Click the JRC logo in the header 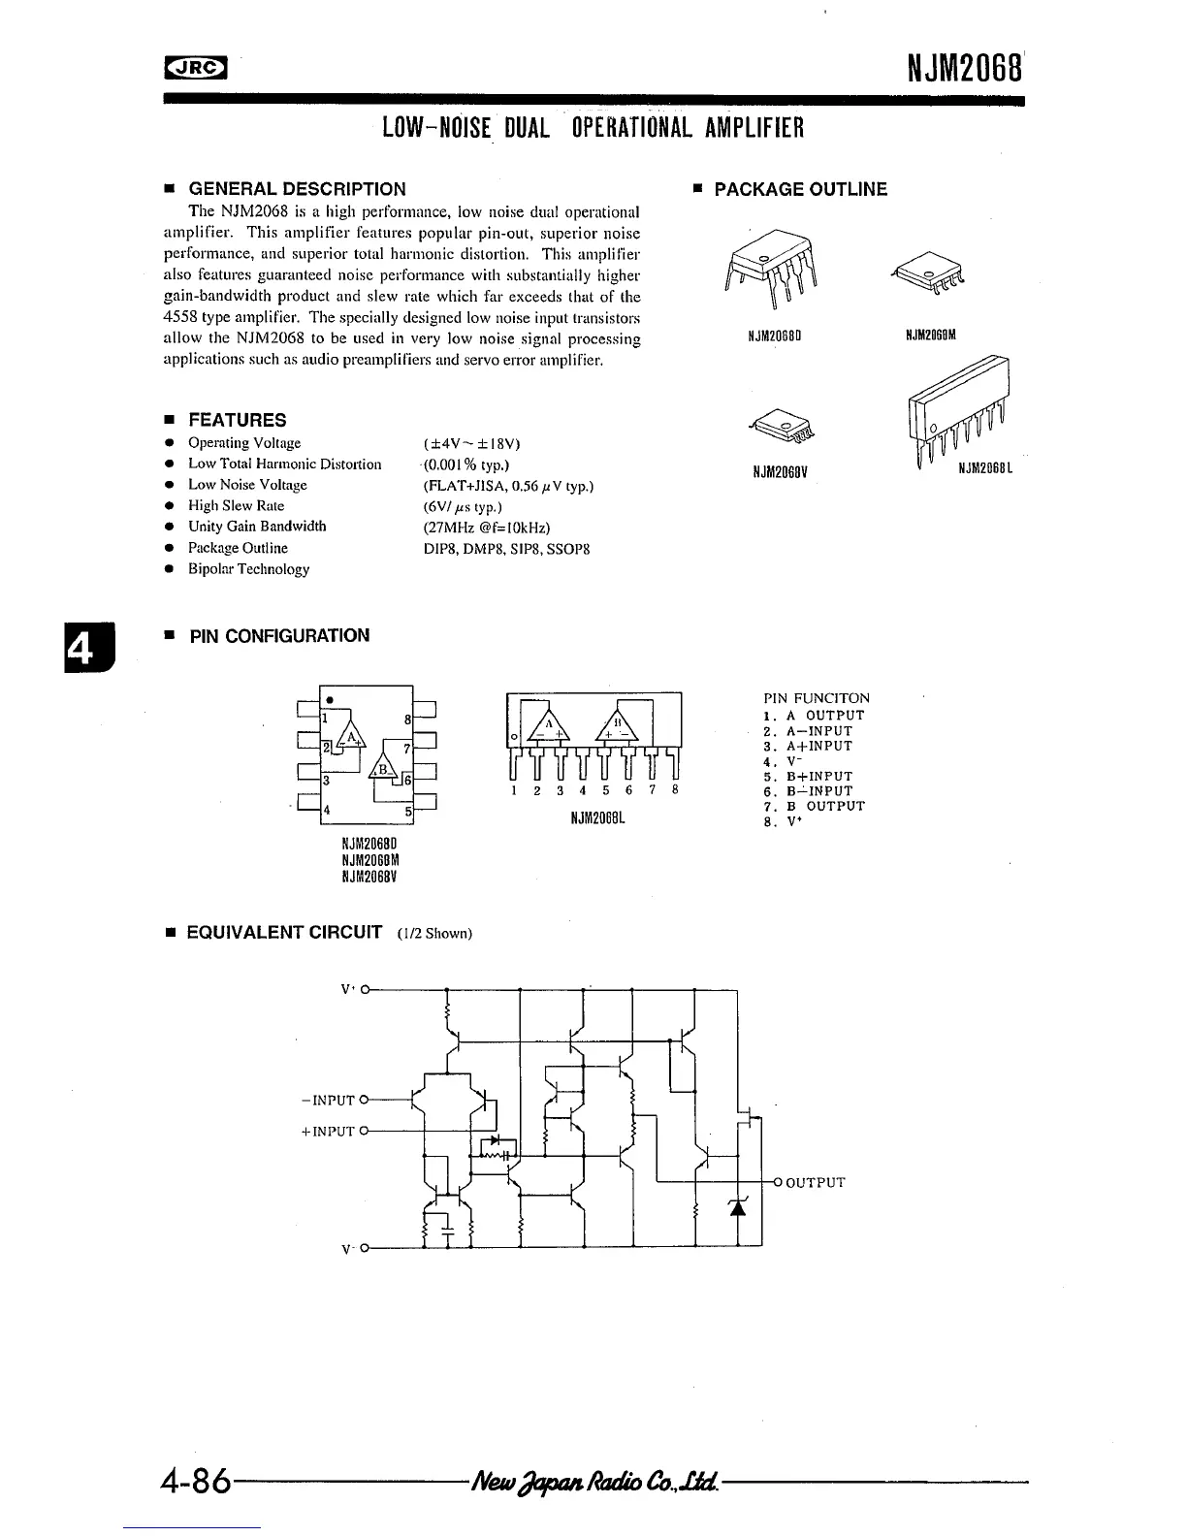(x=194, y=67)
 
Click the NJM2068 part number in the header (x=965, y=68)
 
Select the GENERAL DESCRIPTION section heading (x=297, y=189)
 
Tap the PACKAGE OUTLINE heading (x=800, y=189)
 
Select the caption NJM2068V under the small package (x=781, y=473)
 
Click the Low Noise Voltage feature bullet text (x=247, y=485)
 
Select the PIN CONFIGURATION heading (x=279, y=636)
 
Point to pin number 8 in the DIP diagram (x=408, y=720)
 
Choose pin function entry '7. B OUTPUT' (x=814, y=807)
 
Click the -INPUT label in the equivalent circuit (x=329, y=1101)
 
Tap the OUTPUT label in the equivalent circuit (x=816, y=1182)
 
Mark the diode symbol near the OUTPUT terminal (x=737, y=1206)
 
